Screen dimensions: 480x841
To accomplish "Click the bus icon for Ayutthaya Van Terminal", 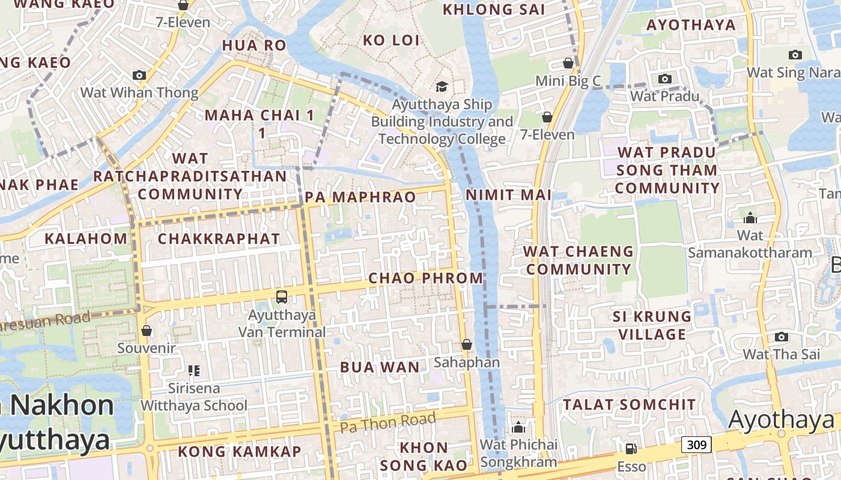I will pos(282,296).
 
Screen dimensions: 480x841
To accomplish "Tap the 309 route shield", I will pos(696,445).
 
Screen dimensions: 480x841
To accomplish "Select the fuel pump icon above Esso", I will pos(631,448).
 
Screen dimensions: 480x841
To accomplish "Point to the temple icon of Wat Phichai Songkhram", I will pos(518,427).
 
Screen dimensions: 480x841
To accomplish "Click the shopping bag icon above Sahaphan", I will pos(467,344).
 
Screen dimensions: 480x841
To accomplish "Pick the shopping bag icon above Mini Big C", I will pos(568,63).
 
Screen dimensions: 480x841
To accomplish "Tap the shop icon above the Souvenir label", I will pos(146,331).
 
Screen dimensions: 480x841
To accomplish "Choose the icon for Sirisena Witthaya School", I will pos(193,371).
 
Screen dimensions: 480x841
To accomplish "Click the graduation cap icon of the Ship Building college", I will pos(442,86).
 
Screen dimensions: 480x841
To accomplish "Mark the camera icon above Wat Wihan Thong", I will pos(139,75).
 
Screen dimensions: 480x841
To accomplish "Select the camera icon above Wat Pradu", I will pos(664,79).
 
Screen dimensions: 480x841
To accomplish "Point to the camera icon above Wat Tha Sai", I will pos(781,337).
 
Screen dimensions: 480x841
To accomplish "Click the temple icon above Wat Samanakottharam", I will pos(750,217).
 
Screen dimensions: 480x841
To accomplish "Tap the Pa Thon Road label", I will pos(387,422).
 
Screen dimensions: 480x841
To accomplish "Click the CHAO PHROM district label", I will pos(425,278).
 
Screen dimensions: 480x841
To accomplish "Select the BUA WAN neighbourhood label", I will pos(380,367).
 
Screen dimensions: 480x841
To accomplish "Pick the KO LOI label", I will pos(391,40).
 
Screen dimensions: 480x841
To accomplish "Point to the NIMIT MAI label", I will pos(508,194).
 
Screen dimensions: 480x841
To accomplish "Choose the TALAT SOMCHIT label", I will pos(629,404).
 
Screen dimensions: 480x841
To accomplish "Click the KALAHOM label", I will pos(87,238).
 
